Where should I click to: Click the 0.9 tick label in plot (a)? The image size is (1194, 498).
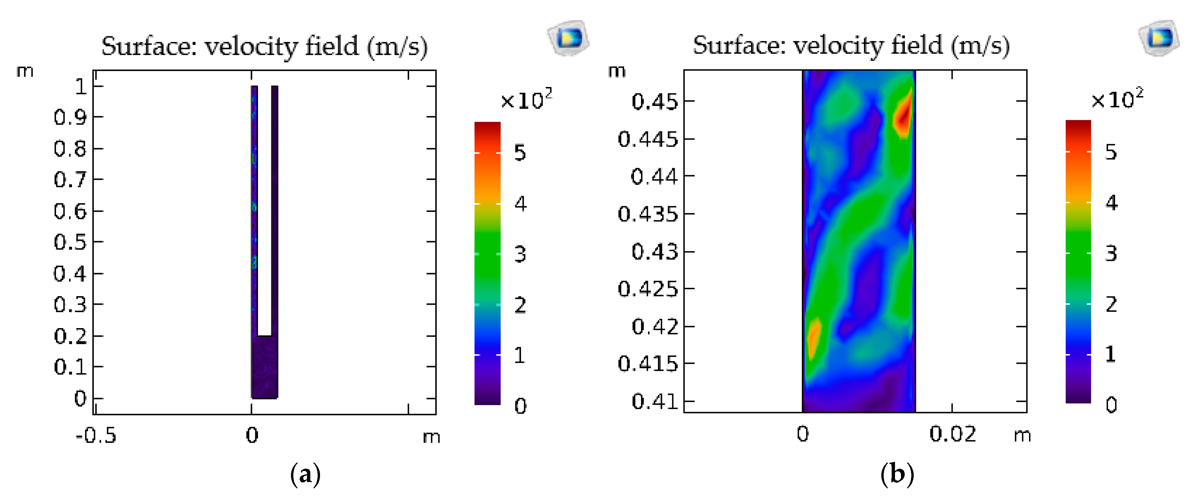tap(70, 118)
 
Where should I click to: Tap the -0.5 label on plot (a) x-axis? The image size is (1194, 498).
tap(96, 435)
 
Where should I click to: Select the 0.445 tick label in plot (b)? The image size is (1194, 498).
tap(648, 139)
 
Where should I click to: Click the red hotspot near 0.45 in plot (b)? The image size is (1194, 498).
tap(903, 116)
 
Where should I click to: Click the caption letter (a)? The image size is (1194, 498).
tap(305, 475)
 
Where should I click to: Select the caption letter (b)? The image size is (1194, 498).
tap(897, 475)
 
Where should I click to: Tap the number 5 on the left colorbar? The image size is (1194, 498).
tap(520, 153)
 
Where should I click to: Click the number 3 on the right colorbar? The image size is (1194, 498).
tap(1111, 253)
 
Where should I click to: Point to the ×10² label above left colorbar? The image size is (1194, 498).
tap(526, 99)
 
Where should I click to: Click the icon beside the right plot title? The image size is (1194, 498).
tap(1159, 38)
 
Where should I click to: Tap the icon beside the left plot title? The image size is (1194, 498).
tap(569, 38)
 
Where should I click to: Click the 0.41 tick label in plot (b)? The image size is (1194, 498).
tap(654, 401)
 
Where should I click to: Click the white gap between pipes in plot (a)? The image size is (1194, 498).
tap(264, 209)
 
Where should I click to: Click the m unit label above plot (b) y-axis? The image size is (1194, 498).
tap(616, 71)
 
